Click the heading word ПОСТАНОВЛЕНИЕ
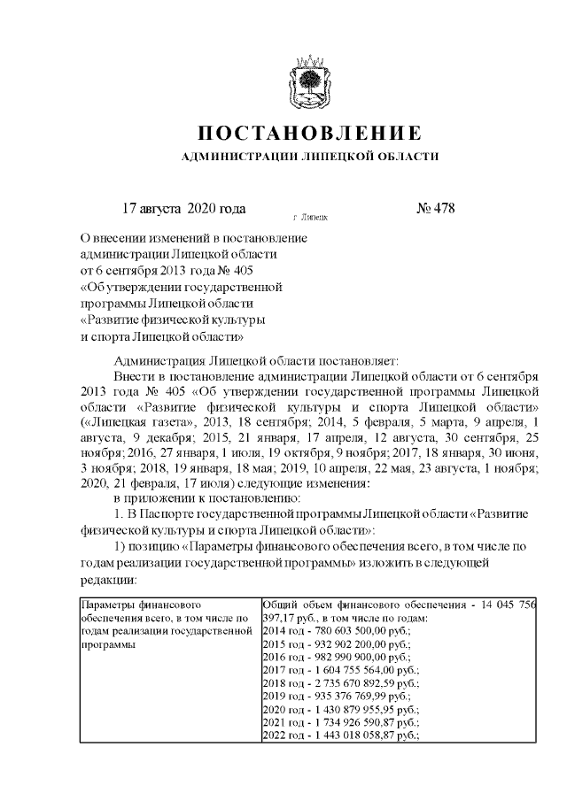pyautogui.click(x=308, y=134)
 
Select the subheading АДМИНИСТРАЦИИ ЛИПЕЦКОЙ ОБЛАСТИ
pyautogui.click(x=308, y=157)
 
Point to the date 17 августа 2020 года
pyautogui.click(x=183, y=210)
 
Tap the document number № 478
pyautogui.click(x=434, y=210)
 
